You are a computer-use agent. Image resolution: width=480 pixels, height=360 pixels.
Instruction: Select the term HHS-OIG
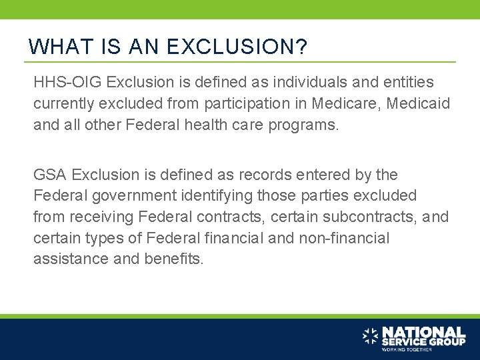pyautogui.click(x=67, y=83)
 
